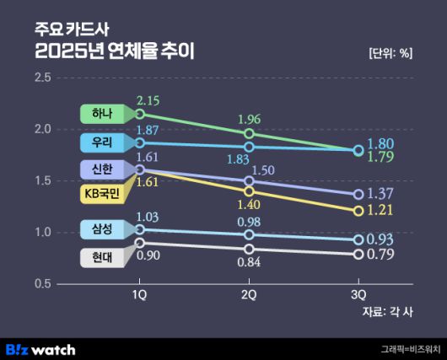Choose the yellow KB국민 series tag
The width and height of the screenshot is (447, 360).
pos(103,195)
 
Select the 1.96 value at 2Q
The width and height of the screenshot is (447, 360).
pos(249,119)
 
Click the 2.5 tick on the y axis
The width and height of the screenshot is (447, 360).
pos(42,78)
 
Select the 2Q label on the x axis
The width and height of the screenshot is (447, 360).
pos(249,294)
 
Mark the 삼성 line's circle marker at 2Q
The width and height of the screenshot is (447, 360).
pos(249,235)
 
